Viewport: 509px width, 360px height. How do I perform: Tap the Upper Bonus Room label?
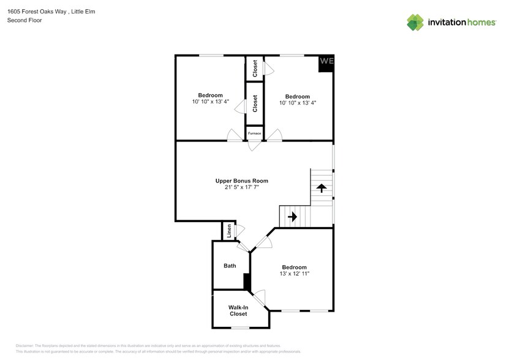click(x=241, y=181)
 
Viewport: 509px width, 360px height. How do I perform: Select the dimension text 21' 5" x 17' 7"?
click(x=241, y=187)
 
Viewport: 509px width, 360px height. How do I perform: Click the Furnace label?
click(x=254, y=133)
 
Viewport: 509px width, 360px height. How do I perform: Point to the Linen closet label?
click(x=229, y=231)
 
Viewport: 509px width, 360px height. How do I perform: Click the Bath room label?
click(x=230, y=266)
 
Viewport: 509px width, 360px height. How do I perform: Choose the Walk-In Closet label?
click(x=238, y=310)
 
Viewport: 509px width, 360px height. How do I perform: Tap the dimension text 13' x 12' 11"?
click(x=294, y=274)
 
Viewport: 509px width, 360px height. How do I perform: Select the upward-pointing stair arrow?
click(x=321, y=187)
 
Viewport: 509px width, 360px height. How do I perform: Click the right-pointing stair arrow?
click(x=292, y=216)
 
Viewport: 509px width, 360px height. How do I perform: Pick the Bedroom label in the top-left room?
click(x=210, y=95)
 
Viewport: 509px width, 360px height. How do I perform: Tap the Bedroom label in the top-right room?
click(x=297, y=96)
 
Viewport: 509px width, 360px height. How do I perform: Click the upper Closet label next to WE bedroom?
click(x=255, y=68)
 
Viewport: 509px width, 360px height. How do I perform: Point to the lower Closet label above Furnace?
click(x=255, y=102)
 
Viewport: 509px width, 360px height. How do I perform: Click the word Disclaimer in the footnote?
click(x=25, y=346)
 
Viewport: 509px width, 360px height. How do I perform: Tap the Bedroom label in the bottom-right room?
click(x=294, y=267)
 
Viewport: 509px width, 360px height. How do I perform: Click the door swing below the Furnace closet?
click(x=254, y=147)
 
